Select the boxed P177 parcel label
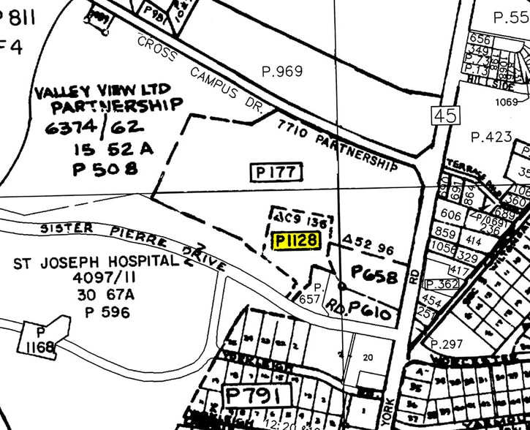pyautogui.click(x=276, y=173)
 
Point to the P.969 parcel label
pyautogui.click(x=282, y=72)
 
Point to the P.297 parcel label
pyautogui.click(x=448, y=344)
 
